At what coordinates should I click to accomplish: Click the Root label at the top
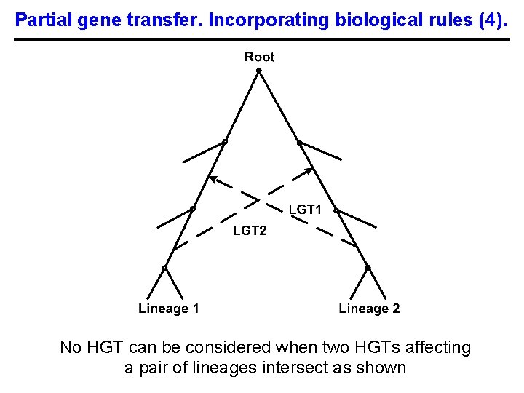[x=260, y=57]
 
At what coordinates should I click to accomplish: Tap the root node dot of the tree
[x=259, y=71]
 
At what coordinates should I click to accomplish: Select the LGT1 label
[x=306, y=210]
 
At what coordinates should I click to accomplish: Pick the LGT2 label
[x=250, y=231]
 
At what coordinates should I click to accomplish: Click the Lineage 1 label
[x=169, y=309]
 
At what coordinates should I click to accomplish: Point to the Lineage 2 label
[x=369, y=309]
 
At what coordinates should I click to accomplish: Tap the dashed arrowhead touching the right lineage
[x=308, y=172]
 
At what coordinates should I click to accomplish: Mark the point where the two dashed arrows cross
[x=260, y=198]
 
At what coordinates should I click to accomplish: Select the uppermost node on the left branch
[x=225, y=141]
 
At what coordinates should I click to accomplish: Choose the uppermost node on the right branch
[x=298, y=141]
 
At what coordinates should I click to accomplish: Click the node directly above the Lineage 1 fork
[x=164, y=267]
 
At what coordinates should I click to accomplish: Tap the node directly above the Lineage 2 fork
[x=368, y=267]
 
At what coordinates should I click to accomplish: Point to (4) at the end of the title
[x=495, y=20]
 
